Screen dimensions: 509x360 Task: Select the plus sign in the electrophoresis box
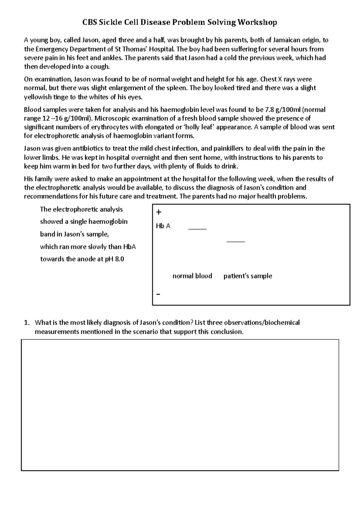point(159,212)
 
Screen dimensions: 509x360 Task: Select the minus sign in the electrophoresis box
point(158,294)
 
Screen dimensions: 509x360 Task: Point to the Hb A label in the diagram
point(163,226)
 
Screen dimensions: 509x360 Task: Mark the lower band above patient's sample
point(235,241)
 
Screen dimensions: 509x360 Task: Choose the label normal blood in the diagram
point(192,276)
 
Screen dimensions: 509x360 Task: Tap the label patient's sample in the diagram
point(248,276)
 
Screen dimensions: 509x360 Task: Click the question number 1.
point(26,323)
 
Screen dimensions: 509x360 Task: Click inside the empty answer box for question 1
point(180,405)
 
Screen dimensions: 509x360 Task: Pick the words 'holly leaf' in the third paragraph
point(198,127)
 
